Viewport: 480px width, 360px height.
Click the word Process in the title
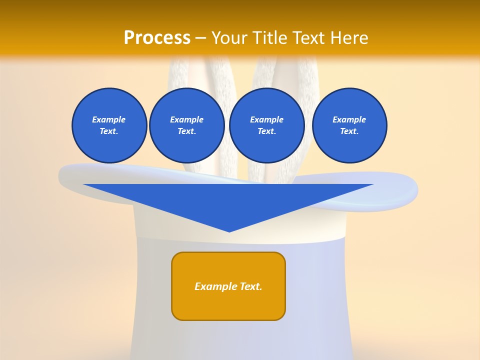(x=157, y=38)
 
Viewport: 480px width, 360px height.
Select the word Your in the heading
(x=229, y=38)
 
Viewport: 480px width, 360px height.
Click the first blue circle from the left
(x=109, y=125)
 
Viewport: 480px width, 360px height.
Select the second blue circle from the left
(x=186, y=125)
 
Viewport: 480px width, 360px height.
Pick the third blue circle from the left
(x=266, y=125)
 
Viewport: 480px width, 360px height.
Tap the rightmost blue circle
(x=349, y=125)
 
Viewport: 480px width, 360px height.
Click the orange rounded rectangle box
(x=228, y=286)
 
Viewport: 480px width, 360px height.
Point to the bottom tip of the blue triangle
(x=229, y=231)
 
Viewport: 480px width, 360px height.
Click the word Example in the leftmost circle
(x=109, y=119)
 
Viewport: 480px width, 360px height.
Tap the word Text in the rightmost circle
(x=348, y=131)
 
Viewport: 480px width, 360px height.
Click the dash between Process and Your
(x=200, y=38)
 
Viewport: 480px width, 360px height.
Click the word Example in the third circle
(x=266, y=119)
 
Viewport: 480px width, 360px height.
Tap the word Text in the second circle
(x=186, y=131)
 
